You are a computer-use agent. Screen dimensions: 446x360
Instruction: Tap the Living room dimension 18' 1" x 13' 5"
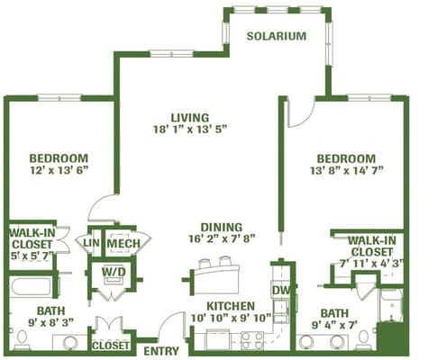point(190,130)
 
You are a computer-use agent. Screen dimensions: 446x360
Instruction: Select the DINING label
point(222,227)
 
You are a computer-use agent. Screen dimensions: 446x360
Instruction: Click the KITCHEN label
point(231,306)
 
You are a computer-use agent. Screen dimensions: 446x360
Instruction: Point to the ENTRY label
point(161,351)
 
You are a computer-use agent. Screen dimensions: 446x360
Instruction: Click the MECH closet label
point(123,243)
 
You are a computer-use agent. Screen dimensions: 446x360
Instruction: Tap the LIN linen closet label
point(91,243)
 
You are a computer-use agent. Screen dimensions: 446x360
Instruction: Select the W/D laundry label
point(114,272)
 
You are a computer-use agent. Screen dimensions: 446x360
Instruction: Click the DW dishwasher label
point(281,291)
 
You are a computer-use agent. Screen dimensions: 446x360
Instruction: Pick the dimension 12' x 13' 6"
point(59,170)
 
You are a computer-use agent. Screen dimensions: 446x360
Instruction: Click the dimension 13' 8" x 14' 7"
point(346,170)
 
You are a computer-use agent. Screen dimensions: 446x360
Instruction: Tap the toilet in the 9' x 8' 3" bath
point(22,340)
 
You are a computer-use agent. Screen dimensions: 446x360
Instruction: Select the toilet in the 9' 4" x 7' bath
point(364,340)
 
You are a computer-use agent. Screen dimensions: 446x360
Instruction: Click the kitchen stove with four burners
point(252,340)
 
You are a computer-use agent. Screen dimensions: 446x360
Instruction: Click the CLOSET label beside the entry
point(111,346)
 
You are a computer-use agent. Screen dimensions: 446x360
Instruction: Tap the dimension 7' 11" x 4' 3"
point(371,264)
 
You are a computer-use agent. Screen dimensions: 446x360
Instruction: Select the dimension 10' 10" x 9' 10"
point(231,318)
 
